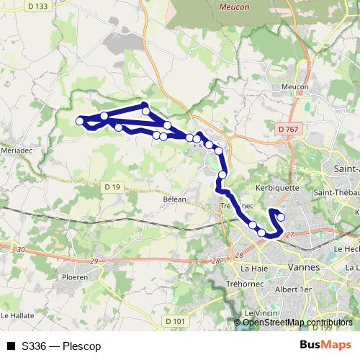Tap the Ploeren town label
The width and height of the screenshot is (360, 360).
tap(74, 276)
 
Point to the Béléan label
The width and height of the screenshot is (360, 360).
tap(174, 199)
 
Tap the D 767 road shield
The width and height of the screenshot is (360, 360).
tap(287, 128)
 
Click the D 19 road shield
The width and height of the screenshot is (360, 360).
tap(112, 187)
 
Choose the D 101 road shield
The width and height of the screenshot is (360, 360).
tap(175, 320)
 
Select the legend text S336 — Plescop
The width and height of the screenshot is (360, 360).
tap(61, 346)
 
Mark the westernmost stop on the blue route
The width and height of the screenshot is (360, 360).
tap(80, 121)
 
